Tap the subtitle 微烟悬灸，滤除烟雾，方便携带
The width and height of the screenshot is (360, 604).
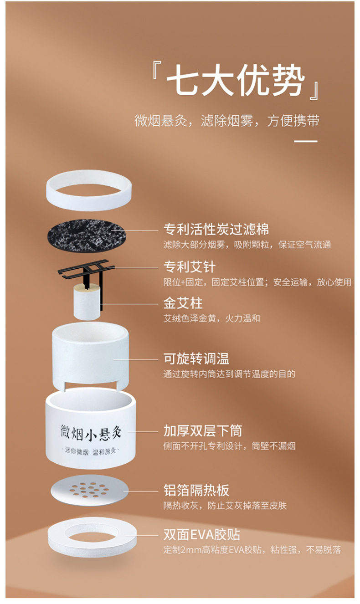click(x=226, y=121)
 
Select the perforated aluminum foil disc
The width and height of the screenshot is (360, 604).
click(x=87, y=490)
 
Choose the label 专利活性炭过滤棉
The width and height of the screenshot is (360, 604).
click(x=216, y=229)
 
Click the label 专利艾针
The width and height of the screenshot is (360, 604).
click(x=189, y=266)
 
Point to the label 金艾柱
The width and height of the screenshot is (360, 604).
click(x=183, y=303)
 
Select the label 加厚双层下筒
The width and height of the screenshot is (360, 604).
click(x=202, y=430)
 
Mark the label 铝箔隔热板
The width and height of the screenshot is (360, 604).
click(x=196, y=491)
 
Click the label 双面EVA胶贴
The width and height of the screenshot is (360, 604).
click(x=201, y=534)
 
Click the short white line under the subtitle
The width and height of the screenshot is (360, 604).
click(x=305, y=142)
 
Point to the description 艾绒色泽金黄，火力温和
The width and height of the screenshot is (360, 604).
click(x=211, y=318)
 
